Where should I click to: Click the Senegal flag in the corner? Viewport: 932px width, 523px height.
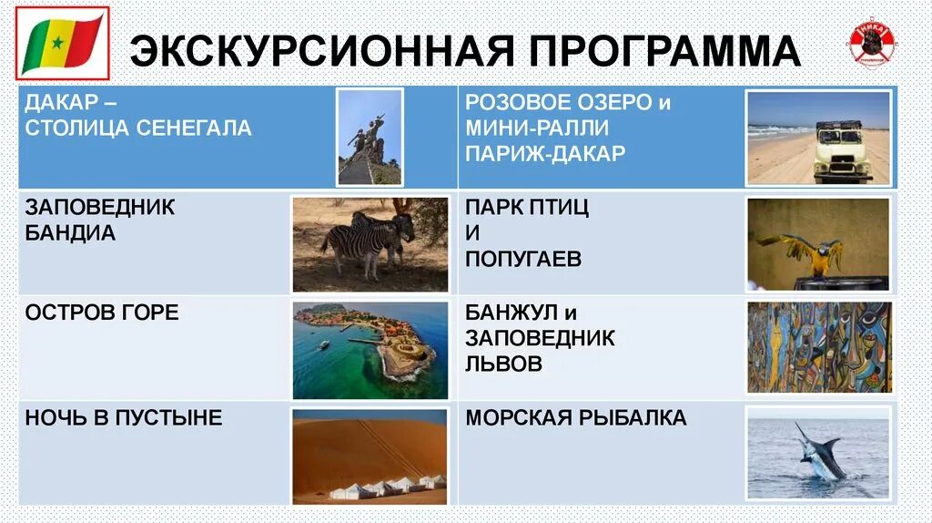pyautogui.click(x=62, y=42)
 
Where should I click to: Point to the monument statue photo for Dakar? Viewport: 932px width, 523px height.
pyautogui.click(x=370, y=137)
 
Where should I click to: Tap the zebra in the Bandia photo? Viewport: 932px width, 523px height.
pyautogui.click(x=360, y=241)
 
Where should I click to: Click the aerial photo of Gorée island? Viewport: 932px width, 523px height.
pyautogui.click(x=370, y=350)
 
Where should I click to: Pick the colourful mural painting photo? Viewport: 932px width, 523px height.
pyautogui.click(x=818, y=346)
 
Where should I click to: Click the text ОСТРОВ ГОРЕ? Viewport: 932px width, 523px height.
pyautogui.click(x=102, y=313)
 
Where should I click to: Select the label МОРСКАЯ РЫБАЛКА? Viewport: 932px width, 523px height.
pyautogui.click(x=575, y=419)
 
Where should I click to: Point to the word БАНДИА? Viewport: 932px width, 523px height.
pyautogui.click(x=70, y=233)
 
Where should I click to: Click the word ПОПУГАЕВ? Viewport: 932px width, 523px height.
pyautogui.click(x=522, y=260)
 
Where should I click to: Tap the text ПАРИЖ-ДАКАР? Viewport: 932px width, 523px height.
pyautogui.click(x=544, y=154)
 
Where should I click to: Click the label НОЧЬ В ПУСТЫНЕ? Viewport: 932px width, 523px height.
pyautogui.click(x=124, y=419)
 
